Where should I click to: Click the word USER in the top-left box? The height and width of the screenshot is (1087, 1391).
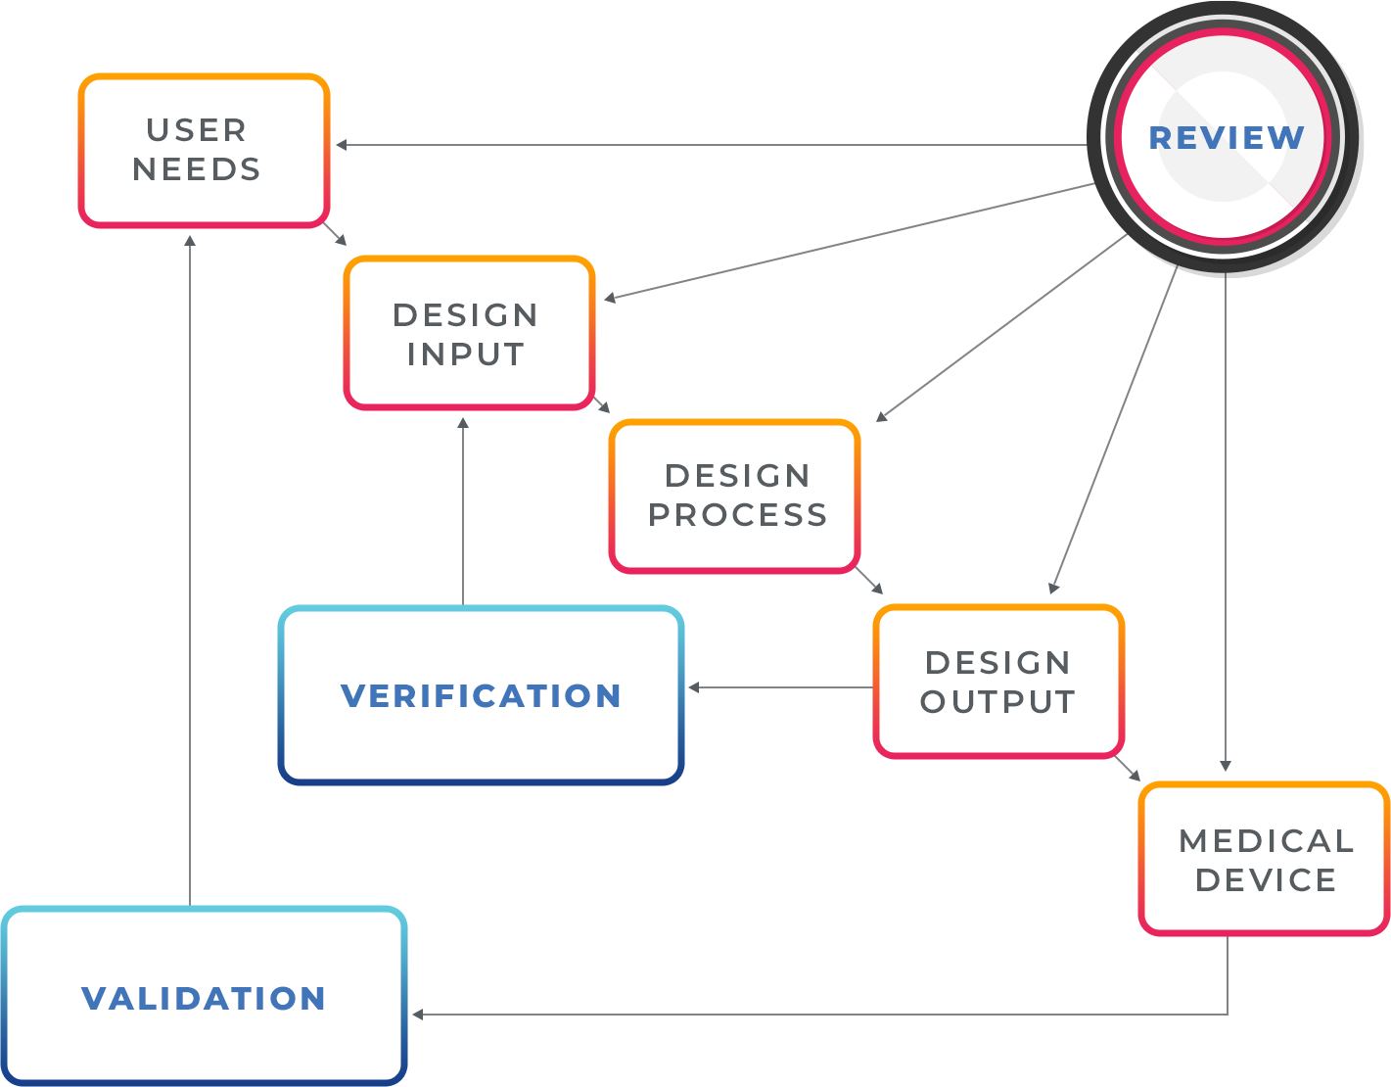(x=196, y=130)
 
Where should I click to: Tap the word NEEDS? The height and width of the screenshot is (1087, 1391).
(x=197, y=169)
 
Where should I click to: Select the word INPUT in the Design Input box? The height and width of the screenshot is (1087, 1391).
(x=466, y=354)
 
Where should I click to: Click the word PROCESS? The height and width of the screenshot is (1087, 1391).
(x=737, y=515)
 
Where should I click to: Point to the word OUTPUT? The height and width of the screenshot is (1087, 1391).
(x=997, y=702)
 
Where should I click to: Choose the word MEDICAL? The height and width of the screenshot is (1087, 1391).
(x=1266, y=841)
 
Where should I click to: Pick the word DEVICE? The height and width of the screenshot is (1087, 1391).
(x=1266, y=880)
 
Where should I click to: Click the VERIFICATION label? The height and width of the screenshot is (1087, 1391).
(x=481, y=696)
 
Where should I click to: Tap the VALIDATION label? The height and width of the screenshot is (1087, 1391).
(x=204, y=999)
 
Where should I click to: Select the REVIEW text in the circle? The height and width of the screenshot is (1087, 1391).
(x=1226, y=138)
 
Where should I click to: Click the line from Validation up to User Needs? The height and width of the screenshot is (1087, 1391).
(x=189, y=568)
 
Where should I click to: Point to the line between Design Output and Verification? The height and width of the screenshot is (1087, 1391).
(x=783, y=687)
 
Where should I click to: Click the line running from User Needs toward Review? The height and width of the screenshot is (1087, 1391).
(x=607, y=146)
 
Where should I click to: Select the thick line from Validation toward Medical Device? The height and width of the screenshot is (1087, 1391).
(x=705, y=1016)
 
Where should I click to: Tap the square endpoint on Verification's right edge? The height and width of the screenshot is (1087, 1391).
(x=693, y=687)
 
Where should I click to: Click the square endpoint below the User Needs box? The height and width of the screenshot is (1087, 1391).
(x=190, y=240)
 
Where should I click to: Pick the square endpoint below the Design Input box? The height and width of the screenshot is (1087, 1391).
(x=463, y=423)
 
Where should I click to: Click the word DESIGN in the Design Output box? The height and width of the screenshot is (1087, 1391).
(x=997, y=663)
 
